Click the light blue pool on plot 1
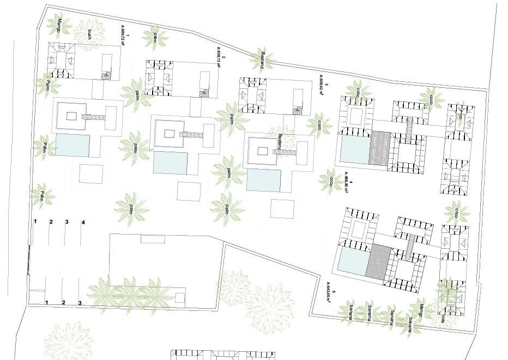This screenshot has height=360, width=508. [71, 146]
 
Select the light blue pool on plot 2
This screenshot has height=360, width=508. [170, 163]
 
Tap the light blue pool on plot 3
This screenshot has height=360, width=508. [263, 180]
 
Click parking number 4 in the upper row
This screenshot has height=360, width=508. [83, 223]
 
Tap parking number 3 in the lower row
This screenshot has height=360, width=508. [81, 303]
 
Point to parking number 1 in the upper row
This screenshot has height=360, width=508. [35, 222]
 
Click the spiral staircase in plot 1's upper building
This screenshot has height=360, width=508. [106, 75]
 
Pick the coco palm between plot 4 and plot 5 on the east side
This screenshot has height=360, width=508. [456, 212]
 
